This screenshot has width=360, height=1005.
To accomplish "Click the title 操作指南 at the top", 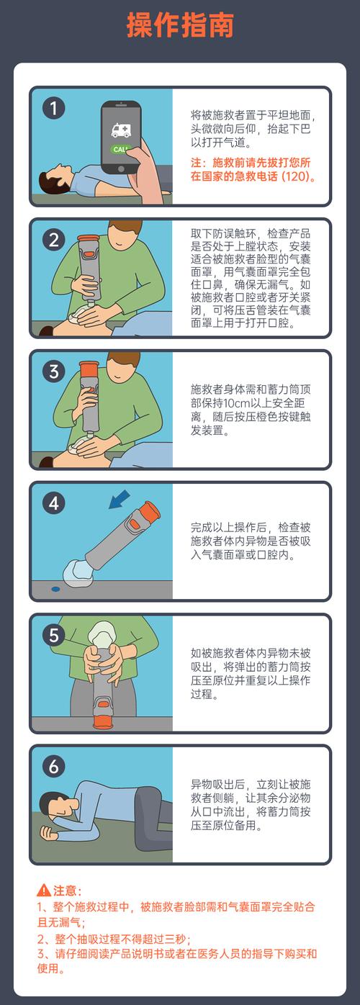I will coord(180,25).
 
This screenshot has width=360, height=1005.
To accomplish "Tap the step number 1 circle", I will coord(54,109).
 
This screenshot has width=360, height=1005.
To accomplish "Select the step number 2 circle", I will coord(54,240).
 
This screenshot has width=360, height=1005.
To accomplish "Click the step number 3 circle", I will coord(54,372).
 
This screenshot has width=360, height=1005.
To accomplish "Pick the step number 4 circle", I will coord(54,503).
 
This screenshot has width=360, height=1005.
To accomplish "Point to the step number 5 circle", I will coord(54,635).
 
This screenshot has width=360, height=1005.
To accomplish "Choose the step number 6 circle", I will coord(54,767).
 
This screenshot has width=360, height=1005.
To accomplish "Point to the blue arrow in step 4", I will coord(120,498).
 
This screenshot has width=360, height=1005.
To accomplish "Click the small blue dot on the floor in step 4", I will coord(55,589).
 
